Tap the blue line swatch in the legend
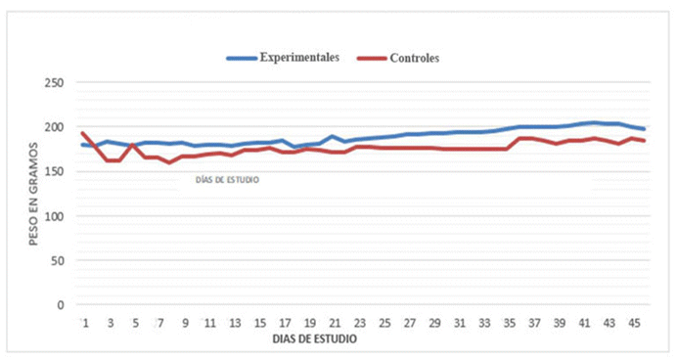(241, 58)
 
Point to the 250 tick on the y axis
(54, 83)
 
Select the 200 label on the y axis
(54, 127)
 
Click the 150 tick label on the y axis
(54, 172)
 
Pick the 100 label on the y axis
(54, 216)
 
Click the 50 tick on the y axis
(57, 260)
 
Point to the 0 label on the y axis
(61, 304)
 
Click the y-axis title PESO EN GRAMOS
(31, 194)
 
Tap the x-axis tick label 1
(85, 323)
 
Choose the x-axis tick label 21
(334, 323)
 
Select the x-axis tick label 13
(235, 323)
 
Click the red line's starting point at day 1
(83, 133)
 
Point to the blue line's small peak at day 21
(334, 137)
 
